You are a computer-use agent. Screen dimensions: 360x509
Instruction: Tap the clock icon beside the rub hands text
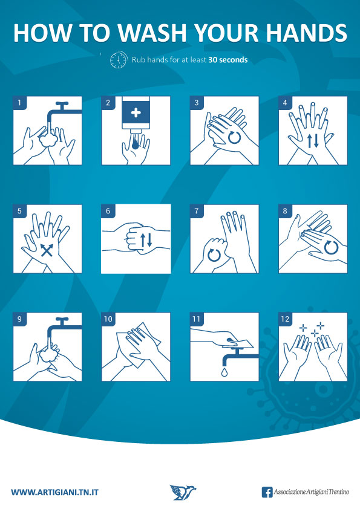pos(119,60)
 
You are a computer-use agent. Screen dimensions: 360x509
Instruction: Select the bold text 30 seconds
pos(228,60)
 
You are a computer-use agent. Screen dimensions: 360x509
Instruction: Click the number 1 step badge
pos(19,103)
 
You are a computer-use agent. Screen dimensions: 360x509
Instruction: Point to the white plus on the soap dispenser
pos(136,112)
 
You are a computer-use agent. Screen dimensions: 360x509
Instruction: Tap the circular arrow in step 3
pos(234,137)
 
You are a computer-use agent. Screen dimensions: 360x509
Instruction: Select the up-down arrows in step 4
pos(313,141)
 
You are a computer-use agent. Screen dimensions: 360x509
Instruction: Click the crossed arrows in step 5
pos(47,250)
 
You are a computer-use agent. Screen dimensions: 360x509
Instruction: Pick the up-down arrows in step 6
pos(146,239)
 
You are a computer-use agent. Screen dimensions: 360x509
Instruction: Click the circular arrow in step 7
pos(214,254)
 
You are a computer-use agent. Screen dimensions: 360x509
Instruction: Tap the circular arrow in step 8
pos(332,247)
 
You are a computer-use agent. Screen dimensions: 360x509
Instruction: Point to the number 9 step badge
pos(19,319)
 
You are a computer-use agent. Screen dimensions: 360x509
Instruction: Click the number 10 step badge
pos(108,319)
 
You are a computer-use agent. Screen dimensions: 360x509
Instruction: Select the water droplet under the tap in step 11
pos(224,372)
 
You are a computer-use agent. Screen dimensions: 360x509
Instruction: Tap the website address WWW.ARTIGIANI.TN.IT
pos(54,493)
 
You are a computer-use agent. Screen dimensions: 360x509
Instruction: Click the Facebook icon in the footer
pos(267,492)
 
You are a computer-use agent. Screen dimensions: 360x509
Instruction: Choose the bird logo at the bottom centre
pos(183,492)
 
